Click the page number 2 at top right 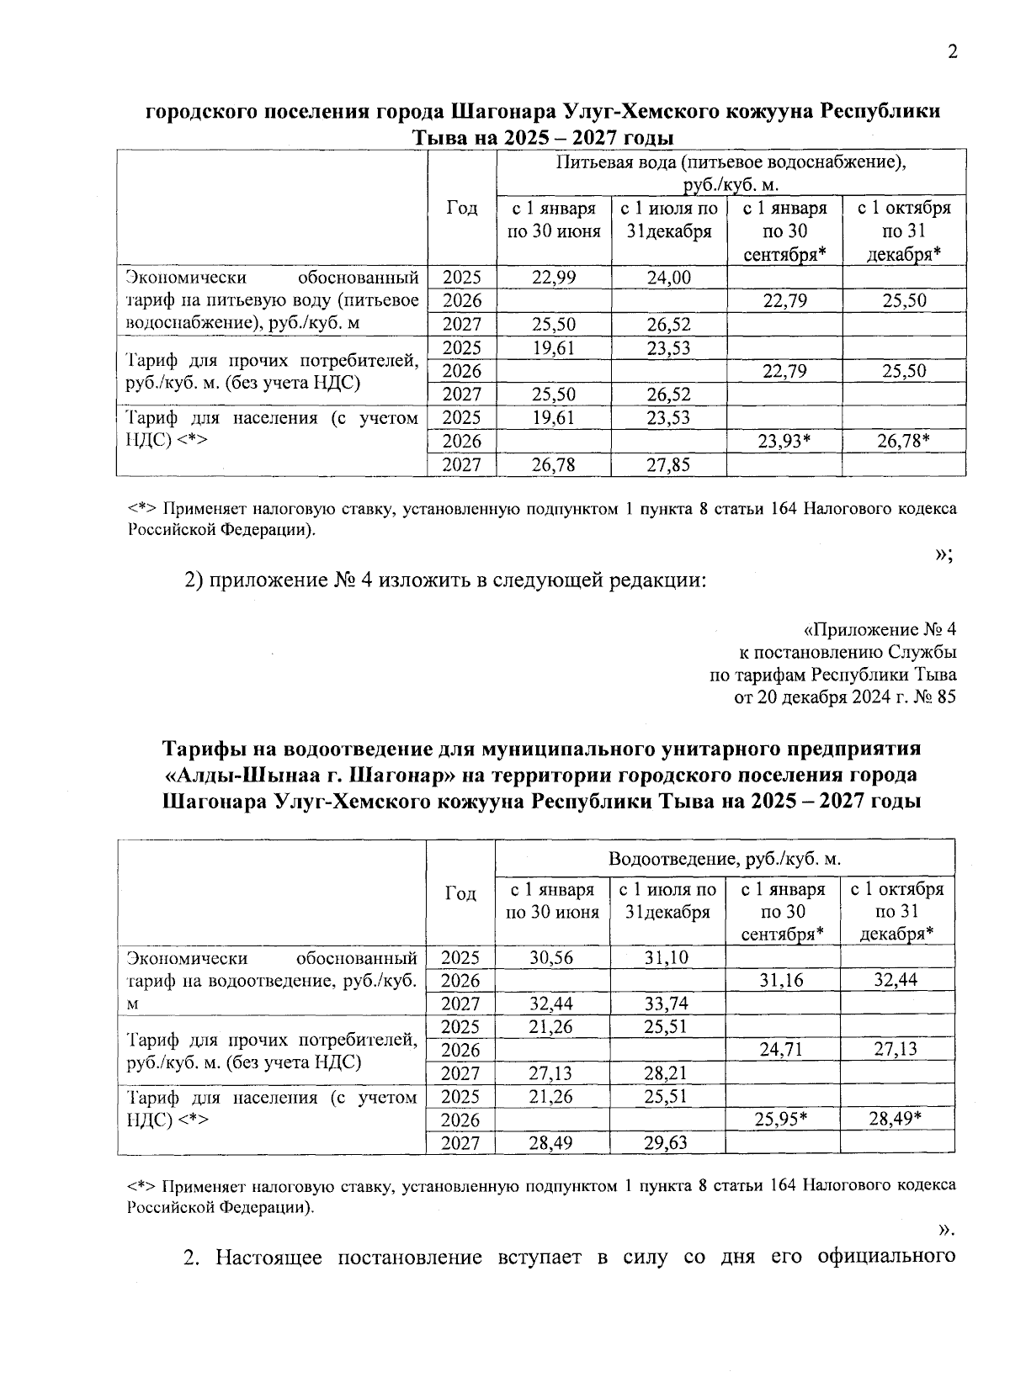tap(953, 52)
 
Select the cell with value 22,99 tap(554, 278)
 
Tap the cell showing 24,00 tap(668, 278)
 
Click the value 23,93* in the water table tap(784, 441)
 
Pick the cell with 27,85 tap(668, 464)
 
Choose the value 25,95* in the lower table tap(783, 1120)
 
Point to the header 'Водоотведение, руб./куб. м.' tap(725, 859)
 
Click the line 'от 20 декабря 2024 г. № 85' tap(845, 697)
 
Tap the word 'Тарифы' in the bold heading tap(203, 749)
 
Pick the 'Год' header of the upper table tap(461, 208)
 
